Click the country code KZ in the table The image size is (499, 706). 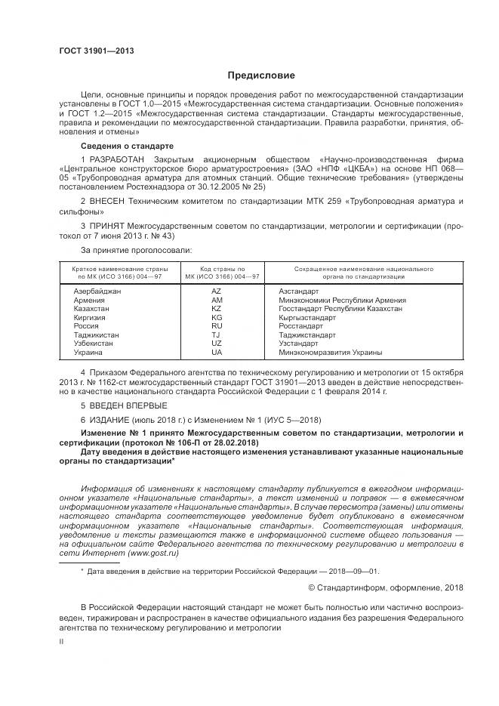pyautogui.click(x=216, y=309)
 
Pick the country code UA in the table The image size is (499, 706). pyautogui.click(x=217, y=353)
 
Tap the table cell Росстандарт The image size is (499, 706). pyautogui.click(x=300, y=326)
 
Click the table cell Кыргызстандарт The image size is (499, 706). pyautogui.click(x=306, y=318)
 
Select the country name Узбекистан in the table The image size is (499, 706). pyautogui.click(x=93, y=344)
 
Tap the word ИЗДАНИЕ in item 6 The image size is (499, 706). pyautogui.click(x=111, y=418)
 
